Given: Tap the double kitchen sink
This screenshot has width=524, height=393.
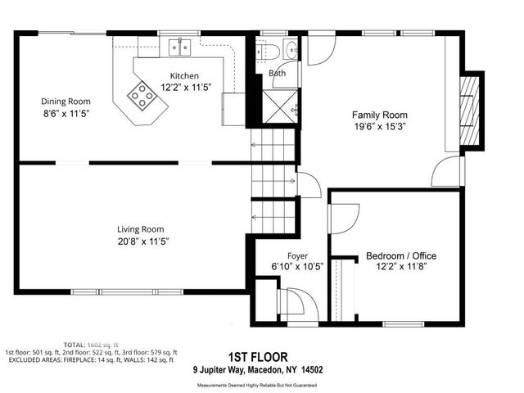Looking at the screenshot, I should pyautogui.click(x=179, y=48).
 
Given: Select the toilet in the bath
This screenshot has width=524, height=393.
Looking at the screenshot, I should pyautogui.click(x=272, y=52).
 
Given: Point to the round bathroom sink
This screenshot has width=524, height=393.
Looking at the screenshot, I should pyautogui.click(x=291, y=46).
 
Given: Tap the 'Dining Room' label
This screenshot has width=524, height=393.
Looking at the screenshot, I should pyautogui.click(x=64, y=102).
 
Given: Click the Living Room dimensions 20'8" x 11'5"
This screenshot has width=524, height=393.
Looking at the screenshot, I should pyautogui.click(x=141, y=241).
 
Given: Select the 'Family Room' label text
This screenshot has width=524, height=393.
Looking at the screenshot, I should pyautogui.click(x=380, y=115).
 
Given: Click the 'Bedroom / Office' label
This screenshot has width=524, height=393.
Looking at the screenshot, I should pyautogui.click(x=401, y=255).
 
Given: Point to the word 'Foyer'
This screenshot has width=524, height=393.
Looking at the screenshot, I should pyautogui.click(x=296, y=255).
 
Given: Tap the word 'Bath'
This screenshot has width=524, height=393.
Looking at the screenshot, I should pyautogui.click(x=278, y=74).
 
